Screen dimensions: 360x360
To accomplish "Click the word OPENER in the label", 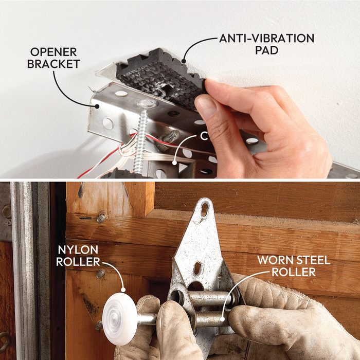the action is (x=53, y=52).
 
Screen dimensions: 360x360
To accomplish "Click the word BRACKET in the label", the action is (x=53, y=64).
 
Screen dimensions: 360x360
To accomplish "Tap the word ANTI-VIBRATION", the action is (x=266, y=39).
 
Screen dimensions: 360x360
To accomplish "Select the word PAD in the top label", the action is (x=266, y=50).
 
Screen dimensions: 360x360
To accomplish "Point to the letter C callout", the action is (x=204, y=136).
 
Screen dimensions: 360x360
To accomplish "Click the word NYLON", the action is (x=78, y=250).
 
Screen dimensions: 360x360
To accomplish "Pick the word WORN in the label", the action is (x=274, y=260).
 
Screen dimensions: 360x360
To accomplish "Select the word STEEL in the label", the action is (x=312, y=260).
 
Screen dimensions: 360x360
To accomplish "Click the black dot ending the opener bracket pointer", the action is (x=97, y=106).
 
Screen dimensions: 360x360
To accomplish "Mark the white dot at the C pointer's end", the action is (x=174, y=163).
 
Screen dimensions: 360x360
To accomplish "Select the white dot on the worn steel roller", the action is (x=222, y=319).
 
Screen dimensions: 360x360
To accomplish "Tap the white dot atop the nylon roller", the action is (x=123, y=290).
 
